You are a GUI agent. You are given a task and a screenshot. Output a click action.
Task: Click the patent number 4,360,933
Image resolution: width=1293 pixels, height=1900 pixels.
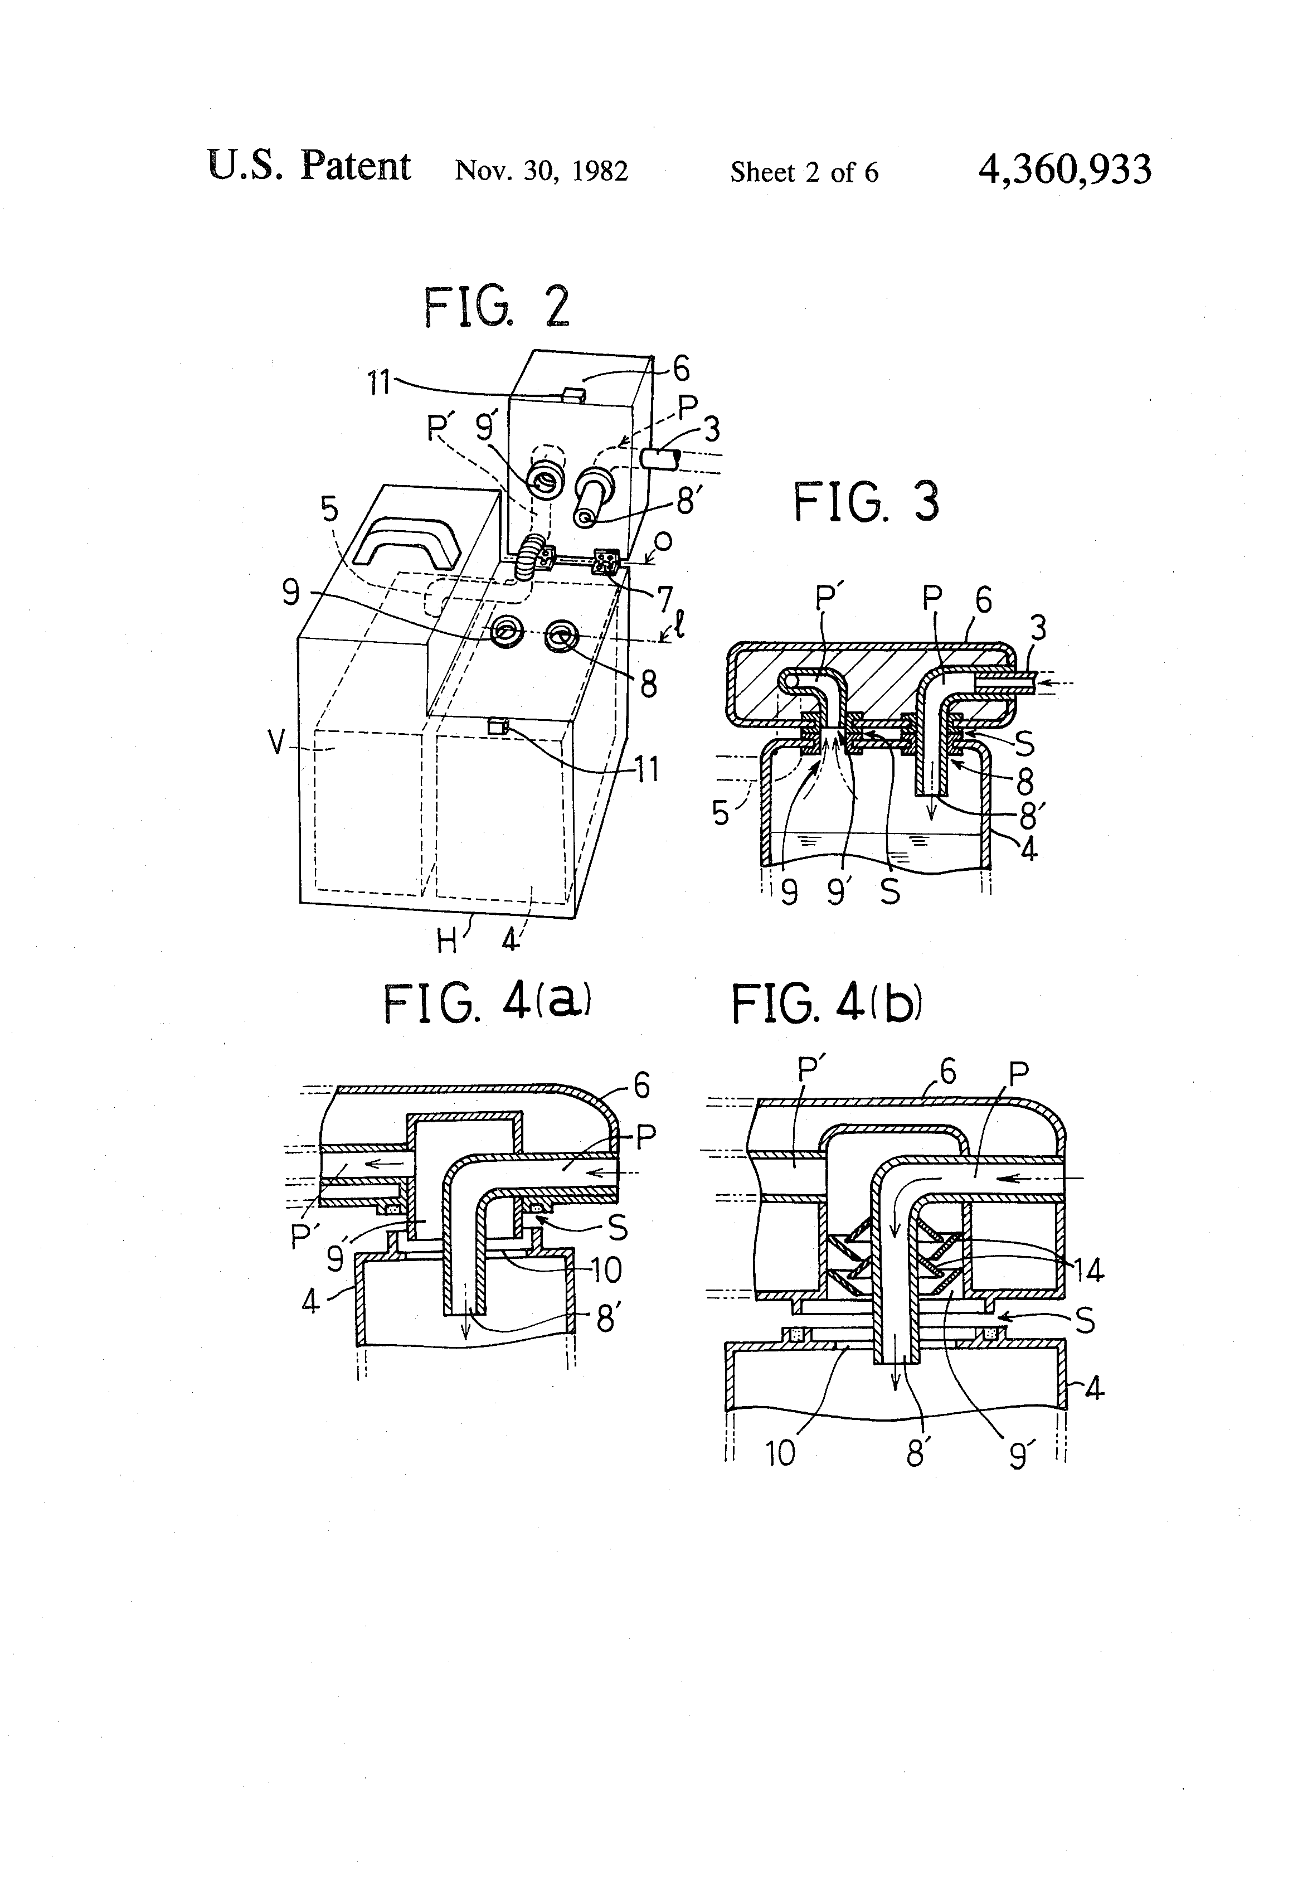(1064, 170)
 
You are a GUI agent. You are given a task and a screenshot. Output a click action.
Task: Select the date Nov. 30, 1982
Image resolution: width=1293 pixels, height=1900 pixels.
(541, 171)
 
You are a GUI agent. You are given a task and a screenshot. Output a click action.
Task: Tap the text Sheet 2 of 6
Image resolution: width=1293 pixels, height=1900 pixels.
(804, 172)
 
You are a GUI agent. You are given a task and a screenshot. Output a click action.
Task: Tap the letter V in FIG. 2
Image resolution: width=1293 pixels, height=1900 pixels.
(279, 743)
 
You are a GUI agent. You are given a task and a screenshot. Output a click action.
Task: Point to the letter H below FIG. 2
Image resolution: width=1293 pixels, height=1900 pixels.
(447, 942)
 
